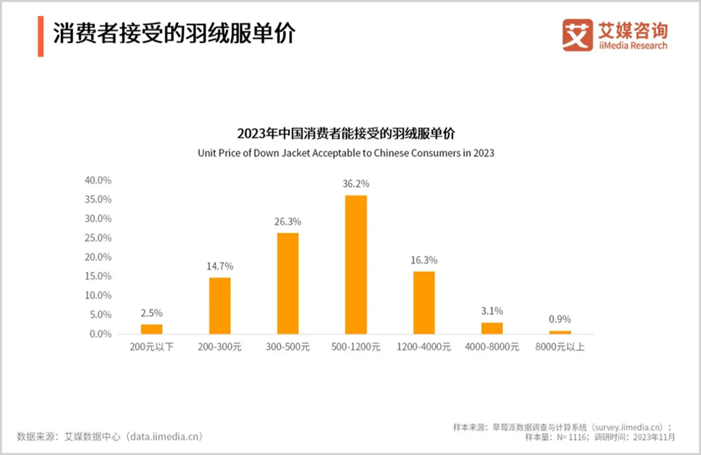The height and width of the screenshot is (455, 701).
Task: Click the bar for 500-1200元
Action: click(x=356, y=264)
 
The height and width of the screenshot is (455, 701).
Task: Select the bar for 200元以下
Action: click(x=151, y=328)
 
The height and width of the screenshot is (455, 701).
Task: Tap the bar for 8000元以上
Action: click(x=559, y=332)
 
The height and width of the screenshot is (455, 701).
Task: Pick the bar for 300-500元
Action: click(x=288, y=283)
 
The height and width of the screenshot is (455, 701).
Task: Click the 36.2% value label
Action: click(x=356, y=184)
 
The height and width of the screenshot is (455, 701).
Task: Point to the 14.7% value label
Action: click(x=220, y=266)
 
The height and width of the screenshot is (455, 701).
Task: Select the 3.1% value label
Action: click(x=492, y=310)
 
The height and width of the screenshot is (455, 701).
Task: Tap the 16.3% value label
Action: click(x=424, y=260)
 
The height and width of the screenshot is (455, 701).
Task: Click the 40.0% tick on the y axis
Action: click(x=98, y=181)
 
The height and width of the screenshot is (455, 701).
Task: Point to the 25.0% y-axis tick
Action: click(x=98, y=238)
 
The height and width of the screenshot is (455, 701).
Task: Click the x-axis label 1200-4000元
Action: click(x=424, y=347)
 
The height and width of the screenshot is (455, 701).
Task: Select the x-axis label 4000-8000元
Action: click(x=492, y=347)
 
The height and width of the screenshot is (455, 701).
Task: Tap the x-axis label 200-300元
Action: click(x=220, y=347)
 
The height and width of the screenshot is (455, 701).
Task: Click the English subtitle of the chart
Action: click(x=346, y=152)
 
